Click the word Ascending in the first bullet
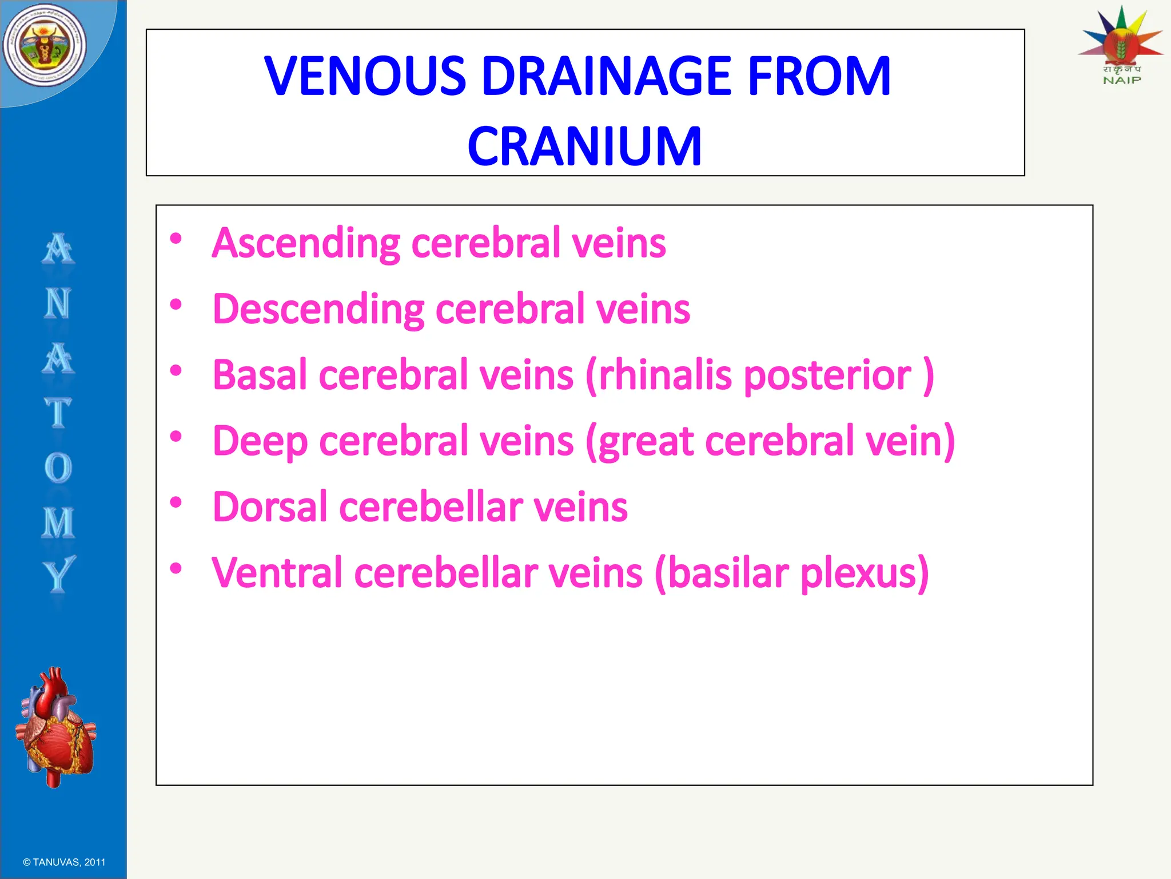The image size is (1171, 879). [306, 243]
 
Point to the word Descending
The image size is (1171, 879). [318, 310]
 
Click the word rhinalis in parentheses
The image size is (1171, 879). [663, 375]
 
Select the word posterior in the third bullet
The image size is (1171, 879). [827, 377]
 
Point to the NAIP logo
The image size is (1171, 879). [1121, 46]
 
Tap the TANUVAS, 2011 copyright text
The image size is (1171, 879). [64, 862]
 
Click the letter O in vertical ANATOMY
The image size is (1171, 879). [58, 468]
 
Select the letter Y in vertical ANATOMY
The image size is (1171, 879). [58, 574]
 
